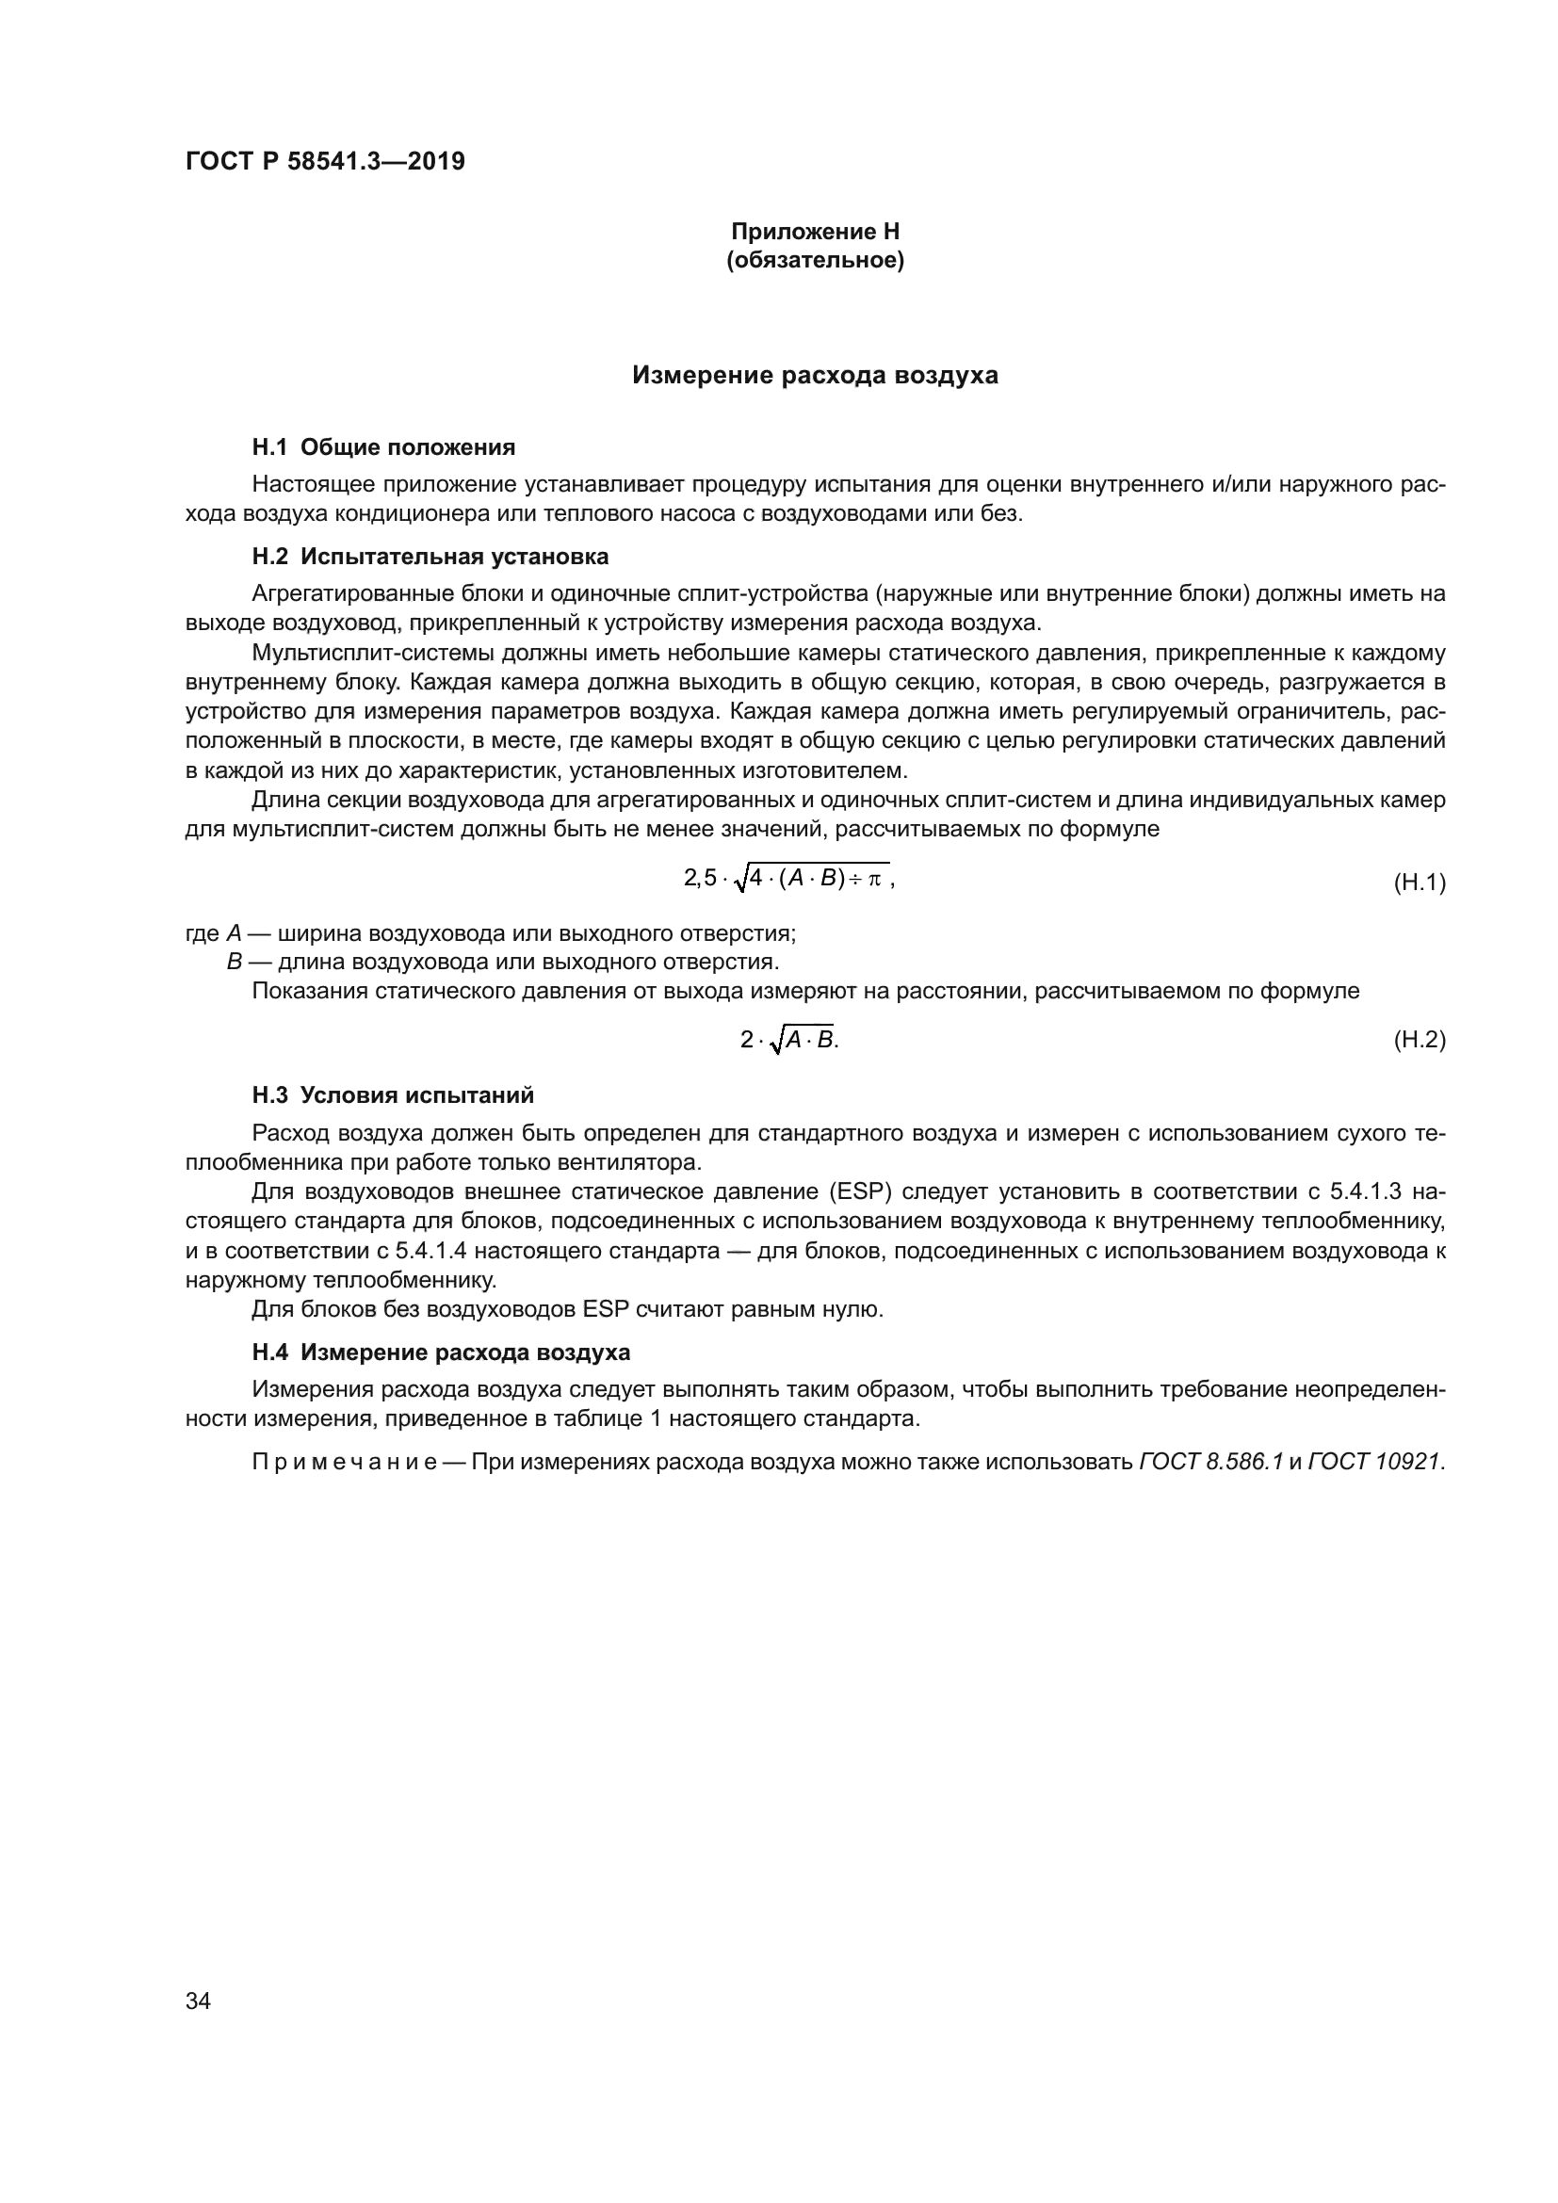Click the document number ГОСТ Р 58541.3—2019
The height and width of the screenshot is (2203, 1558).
[325, 161]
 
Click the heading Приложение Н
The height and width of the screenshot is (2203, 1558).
[815, 232]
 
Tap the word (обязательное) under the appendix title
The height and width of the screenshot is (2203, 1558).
[815, 260]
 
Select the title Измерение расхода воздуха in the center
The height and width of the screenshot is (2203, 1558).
[815, 375]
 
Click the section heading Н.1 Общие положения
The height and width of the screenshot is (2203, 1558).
[382, 447]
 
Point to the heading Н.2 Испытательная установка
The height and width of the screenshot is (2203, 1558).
[430, 557]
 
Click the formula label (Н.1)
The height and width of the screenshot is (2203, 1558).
[1418, 882]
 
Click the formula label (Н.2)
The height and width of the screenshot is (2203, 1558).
[1418, 1039]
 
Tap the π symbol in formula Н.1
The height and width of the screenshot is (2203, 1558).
[874, 878]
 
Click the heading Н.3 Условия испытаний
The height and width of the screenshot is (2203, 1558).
[393, 1094]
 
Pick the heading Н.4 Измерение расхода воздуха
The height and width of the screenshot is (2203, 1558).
[440, 1352]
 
